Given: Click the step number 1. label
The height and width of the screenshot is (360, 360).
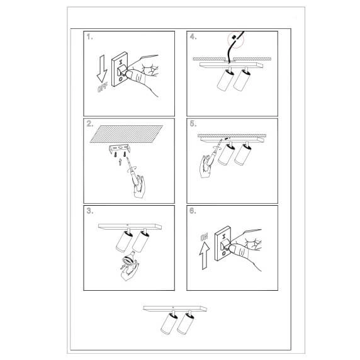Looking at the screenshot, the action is [x=90, y=37].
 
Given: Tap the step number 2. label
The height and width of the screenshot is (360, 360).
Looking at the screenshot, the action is [x=90, y=124].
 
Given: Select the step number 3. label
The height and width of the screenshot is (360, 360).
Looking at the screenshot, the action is [x=90, y=211].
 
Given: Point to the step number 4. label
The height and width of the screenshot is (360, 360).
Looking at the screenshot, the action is [x=193, y=37].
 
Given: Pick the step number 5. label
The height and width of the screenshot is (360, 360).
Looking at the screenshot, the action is [x=193, y=124].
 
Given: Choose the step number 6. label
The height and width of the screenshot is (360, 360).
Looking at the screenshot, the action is [x=193, y=211].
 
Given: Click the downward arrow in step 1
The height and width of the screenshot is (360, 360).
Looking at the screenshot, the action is [x=102, y=69].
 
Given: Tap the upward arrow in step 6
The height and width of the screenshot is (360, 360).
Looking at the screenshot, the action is [x=205, y=256].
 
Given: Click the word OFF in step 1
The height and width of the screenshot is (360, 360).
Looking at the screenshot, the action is [x=102, y=88].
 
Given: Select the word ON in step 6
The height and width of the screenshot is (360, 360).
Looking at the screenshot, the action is [x=204, y=237].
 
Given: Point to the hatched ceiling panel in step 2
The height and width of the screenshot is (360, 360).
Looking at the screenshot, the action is [x=127, y=134].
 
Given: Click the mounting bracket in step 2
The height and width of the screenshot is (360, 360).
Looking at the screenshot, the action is [x=120, y=149].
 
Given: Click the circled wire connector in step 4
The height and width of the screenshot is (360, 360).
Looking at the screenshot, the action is [x=235, y=40].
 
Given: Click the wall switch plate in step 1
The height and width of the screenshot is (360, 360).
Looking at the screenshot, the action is [x=120, y=70].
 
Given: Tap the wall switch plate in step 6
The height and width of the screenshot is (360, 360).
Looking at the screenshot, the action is [x=223, y=244].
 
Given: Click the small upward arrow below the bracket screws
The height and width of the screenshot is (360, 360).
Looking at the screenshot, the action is [x=120, y=162].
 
